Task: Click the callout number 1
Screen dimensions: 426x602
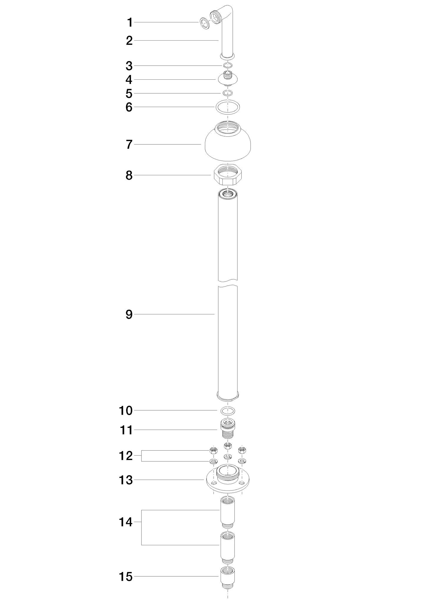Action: tap(130, 22)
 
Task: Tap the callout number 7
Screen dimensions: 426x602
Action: tap(129, 145)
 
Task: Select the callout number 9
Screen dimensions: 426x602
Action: tap(129, 315)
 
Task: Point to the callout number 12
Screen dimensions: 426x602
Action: tap(126, 456)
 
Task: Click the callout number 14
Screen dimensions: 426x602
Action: tap(126, 522)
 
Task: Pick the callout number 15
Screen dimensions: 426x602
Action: tap(126, 577)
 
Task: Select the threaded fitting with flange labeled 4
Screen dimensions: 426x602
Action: tap(228, 79)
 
